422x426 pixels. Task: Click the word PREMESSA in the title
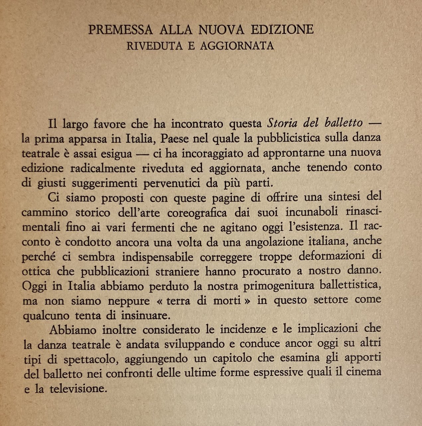coord(121,30)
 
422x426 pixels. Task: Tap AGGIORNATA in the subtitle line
coord(237,46)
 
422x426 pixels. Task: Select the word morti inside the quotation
coord(227,301)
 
